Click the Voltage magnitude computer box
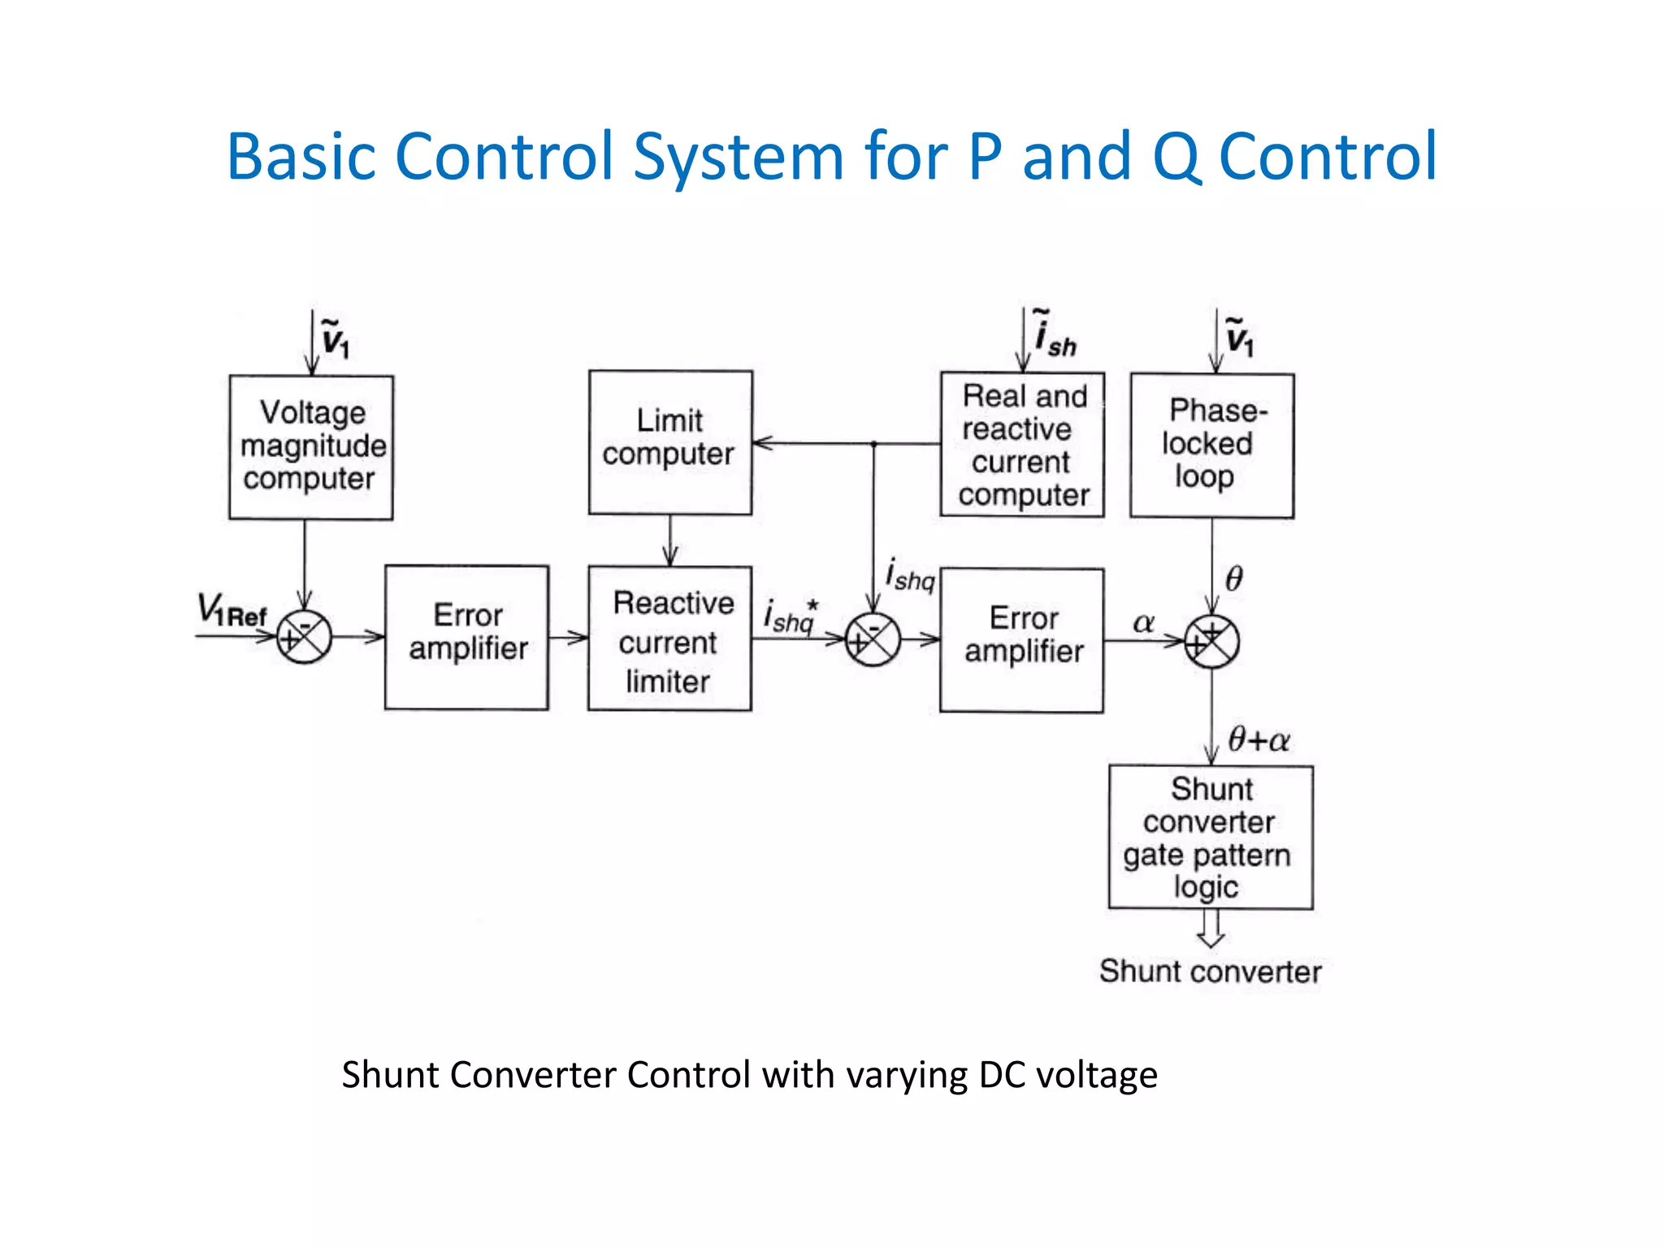311,447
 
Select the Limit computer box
670,442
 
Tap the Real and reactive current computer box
1022,444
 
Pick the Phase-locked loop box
1211,445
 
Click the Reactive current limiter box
669,639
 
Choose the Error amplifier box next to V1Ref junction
466,637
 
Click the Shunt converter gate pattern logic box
1211,837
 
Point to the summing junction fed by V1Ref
304,637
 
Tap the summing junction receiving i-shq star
873,640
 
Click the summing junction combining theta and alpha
1211,642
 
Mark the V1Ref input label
232,610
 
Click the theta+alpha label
1258,740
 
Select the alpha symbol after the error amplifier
1143,623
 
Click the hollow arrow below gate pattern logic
1211,928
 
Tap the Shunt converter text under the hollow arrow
1210,972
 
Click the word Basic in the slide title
301,157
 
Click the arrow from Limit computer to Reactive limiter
669,540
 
